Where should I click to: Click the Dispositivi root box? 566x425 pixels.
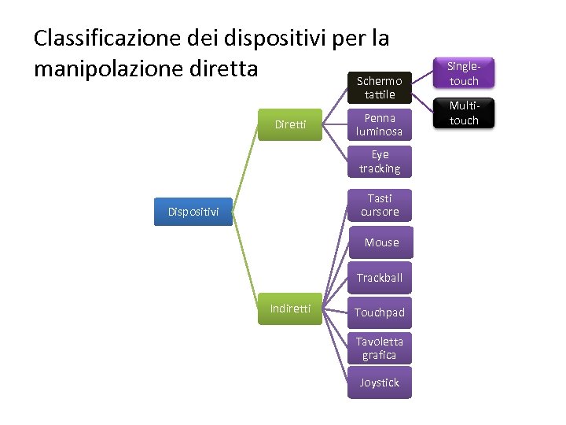tap(193, 212)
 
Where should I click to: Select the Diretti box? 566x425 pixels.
tap(290, 124)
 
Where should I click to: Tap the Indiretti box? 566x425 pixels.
tap(290, 309)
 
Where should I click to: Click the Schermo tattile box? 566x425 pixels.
tap(380, 87)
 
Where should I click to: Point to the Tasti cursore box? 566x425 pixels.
tap(380, 205)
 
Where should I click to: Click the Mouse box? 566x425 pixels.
tap(381, 242)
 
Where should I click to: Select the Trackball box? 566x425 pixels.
tap(380, 278)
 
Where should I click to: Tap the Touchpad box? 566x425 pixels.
tap(380, 312)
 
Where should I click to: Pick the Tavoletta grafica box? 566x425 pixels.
tap(380, 348)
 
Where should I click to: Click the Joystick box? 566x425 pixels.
tap(380, 382)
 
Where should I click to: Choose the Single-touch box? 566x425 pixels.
tap(464, 74)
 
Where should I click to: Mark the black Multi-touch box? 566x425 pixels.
tap(464, 113)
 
